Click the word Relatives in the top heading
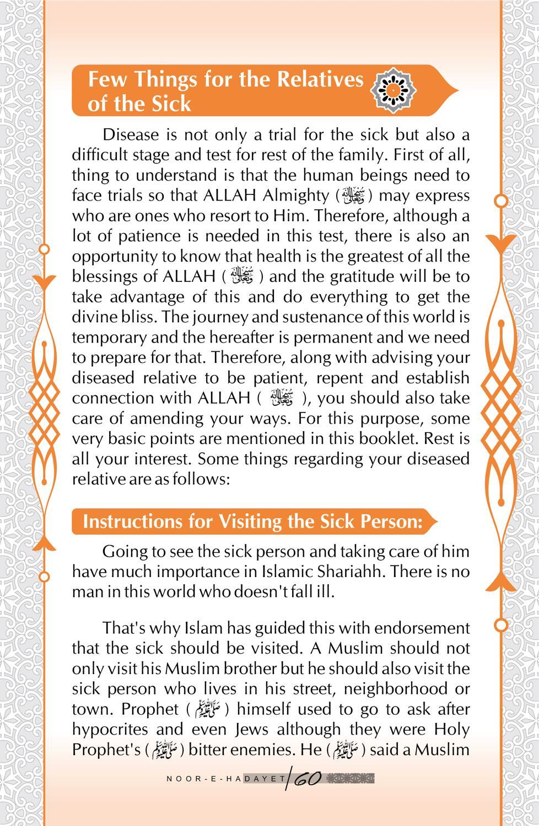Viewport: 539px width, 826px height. [x=320, y=80]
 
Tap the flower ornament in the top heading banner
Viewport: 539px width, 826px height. [x=395, y=89]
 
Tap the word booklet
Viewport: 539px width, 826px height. [x=387, y=439]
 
